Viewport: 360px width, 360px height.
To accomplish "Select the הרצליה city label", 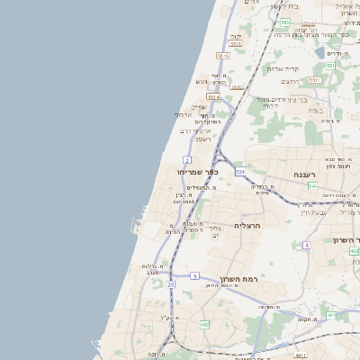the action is [x=246, y=225].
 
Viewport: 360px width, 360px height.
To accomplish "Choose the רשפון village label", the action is [x=202, y=139].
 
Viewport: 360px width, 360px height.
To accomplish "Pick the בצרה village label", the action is [x=316, y=111].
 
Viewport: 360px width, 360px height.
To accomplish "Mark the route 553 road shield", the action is [x=284, y=22].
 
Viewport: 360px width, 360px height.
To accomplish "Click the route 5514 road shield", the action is [x=213, y=96].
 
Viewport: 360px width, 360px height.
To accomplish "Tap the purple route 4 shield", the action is [x=306, y=244].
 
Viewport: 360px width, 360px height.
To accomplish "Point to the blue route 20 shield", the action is [x=171, y=284].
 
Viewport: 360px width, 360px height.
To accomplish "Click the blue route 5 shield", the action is [x=193, y=275].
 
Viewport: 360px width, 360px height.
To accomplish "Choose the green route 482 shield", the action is [x=204, y=324].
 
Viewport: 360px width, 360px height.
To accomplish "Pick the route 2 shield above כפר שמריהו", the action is [x=198, y=158].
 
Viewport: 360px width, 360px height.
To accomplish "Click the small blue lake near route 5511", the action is [x=319, y=52].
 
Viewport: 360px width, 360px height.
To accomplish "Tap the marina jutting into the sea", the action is [x=143, y=210].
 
